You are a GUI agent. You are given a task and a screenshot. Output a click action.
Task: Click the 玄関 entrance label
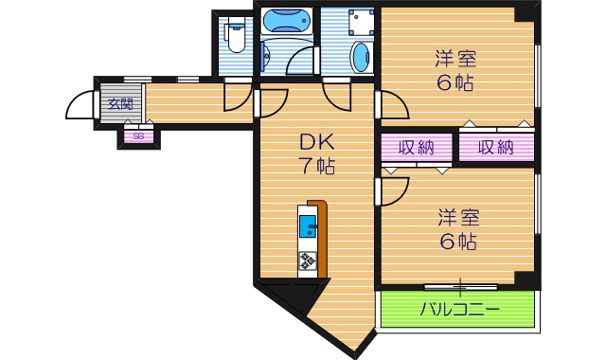(119, 103)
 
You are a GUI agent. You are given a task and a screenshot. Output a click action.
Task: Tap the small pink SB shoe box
(138, 136)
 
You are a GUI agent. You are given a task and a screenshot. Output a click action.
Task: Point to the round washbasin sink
(361, 56)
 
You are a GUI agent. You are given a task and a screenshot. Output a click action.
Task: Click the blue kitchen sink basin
(309, 226)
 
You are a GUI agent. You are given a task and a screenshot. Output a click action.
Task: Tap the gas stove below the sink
(309, 259)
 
